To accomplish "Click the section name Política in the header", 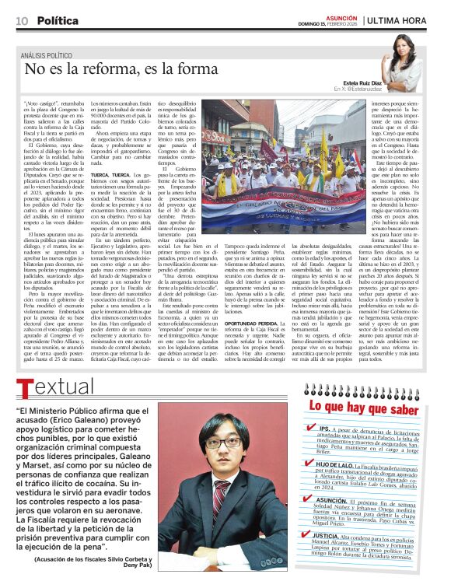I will point(58,21).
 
